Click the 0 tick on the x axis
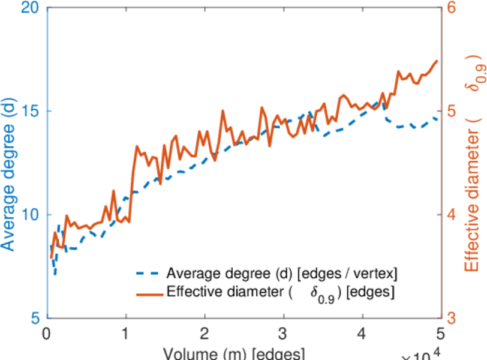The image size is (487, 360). [47, 334]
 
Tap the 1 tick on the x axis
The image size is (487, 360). [126, 334]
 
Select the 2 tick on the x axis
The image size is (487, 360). [205, 334]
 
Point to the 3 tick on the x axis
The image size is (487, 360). [283, 334]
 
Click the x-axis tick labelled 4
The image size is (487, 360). [362, 334]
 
